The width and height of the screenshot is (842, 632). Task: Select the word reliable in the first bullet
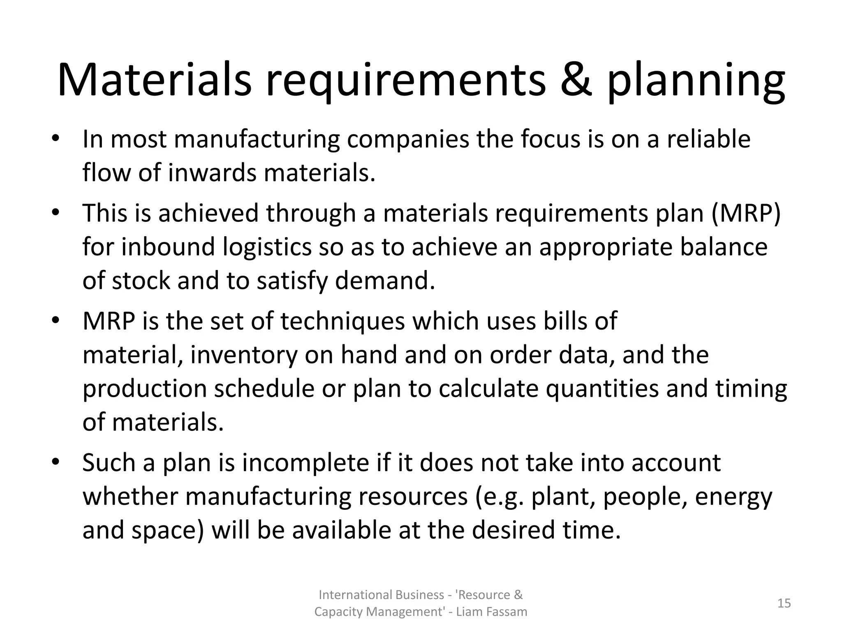[x=708, y=139]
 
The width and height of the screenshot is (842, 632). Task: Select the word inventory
[x=244, y=355]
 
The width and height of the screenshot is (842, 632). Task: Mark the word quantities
[x=602, y=389]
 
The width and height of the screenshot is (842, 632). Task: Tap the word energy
[x=734, y=497]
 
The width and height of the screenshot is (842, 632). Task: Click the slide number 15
[x=784, y=603]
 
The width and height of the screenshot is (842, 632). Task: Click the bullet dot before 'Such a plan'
[x=56, y=462]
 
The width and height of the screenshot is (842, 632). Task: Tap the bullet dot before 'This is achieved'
[x=56, y=213]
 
